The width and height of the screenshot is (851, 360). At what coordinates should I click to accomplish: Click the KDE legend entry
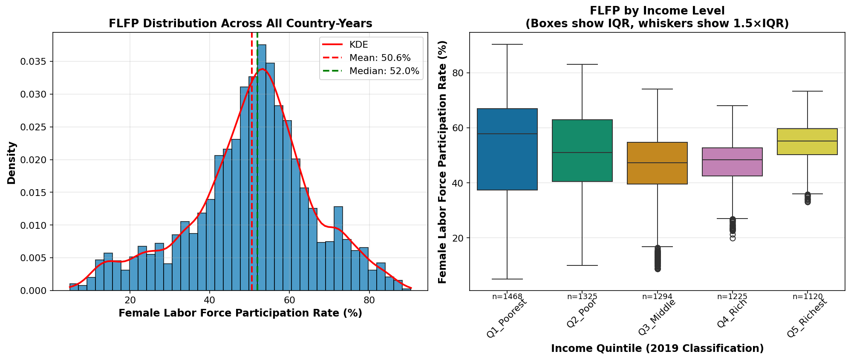click(358, 45)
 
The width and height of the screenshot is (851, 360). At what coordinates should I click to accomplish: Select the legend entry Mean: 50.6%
click(380, 58)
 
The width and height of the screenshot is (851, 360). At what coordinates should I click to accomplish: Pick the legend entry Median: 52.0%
click(384, 71)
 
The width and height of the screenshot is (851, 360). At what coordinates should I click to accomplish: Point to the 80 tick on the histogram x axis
click(369, 300)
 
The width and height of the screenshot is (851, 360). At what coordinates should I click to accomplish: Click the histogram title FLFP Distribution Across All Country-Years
click(240, 23)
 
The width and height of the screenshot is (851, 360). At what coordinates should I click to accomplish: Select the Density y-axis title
click(12, 163)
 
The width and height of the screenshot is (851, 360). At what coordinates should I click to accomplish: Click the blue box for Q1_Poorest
click(507, 149)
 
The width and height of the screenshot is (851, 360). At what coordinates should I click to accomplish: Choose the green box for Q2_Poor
click(582, 150)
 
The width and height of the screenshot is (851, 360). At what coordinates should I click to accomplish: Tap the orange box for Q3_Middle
click(657, 163)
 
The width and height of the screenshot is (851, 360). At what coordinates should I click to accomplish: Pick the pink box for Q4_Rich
click(732, 162)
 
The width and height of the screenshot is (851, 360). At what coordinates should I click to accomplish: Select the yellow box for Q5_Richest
click(807, 141)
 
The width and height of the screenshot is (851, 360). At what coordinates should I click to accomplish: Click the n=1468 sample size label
click(507, 297)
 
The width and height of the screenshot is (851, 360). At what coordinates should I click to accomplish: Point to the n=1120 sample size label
click(807, 297)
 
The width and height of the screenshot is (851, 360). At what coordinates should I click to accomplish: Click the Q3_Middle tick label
click(657, 317)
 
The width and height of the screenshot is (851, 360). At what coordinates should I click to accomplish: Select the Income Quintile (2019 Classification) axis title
click(657, 348)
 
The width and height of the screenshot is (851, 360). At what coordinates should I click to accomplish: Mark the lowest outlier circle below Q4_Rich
click(732, 238)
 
